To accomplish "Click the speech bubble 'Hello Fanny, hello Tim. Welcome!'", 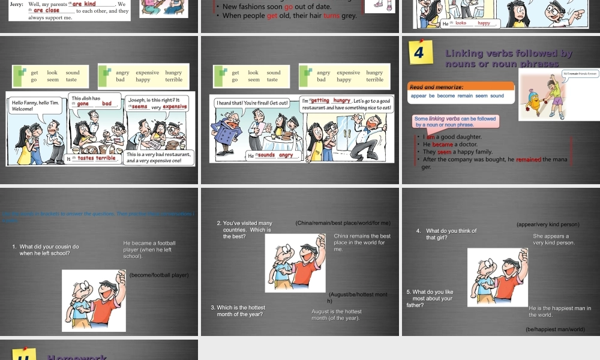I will click(x=35, y=106).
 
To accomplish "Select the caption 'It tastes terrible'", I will click(x=92, y=158).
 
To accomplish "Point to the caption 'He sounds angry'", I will click(x=271, y=155).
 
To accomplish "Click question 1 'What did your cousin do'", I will click(x=49, y=250).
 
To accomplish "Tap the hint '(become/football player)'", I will click(x=159, y=275).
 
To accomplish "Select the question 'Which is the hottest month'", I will click(x=241, y=311).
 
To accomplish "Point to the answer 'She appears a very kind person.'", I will click(x=554, y=239).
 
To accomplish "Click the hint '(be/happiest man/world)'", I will click(x=554, y=329).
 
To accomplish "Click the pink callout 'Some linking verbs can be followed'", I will click(x=455, y=121).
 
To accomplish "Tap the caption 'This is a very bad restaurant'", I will click(x=159, y=158).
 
